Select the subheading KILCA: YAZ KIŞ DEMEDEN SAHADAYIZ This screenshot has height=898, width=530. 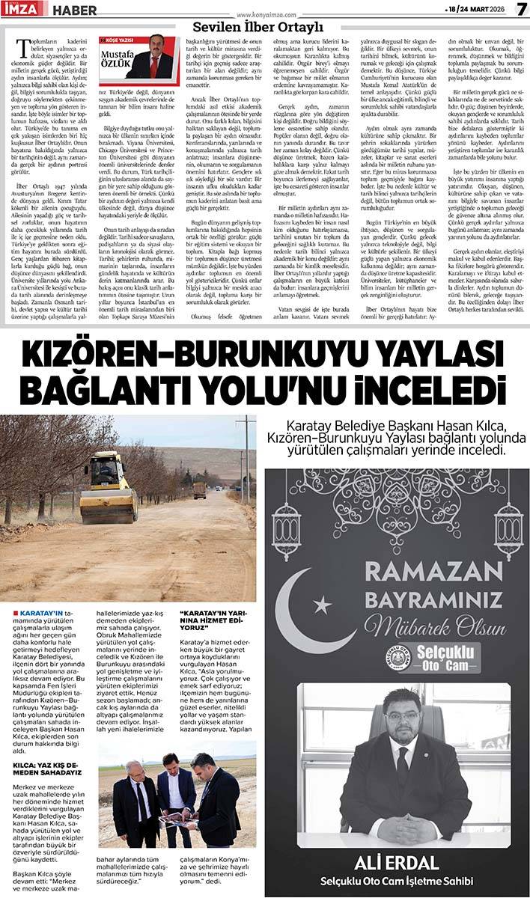click(x=46, y=768)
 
